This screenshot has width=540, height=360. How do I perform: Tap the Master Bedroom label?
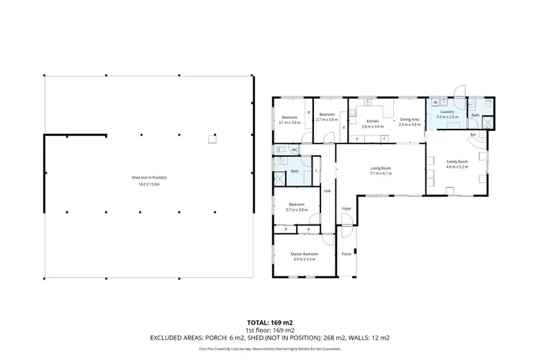[x=305, y=253]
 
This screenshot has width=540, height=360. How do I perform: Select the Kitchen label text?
[x=372, y=120]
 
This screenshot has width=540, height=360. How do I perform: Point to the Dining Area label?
[x=410, y=120]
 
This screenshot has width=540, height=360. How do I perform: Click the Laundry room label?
[x=447, y=112]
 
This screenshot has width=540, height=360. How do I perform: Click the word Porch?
[x=346, y=253]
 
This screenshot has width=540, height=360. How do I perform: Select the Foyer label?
[x=346, y=208]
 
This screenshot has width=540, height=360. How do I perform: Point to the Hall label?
[x=327, y=191]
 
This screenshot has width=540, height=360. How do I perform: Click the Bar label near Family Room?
[x=473, y=135]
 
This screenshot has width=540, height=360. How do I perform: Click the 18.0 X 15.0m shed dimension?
[x=148, y=184]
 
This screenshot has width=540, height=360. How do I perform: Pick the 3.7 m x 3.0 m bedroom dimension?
[x=296, y=210]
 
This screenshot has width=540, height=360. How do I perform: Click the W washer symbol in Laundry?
[x=436, y=102]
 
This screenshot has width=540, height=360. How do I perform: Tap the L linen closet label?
[x=317, y=170]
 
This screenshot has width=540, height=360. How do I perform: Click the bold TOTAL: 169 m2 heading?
[x=269, y=323]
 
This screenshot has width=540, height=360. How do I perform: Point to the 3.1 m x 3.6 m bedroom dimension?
[x=289, y=122]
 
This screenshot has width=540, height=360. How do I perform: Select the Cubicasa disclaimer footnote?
[x=269, y=349]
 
